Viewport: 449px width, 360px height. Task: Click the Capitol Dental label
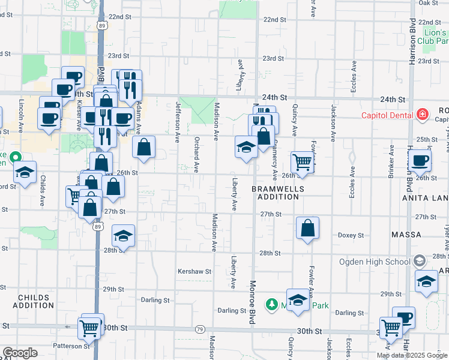[x=385, y=115]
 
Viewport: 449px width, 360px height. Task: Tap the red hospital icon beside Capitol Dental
[x=423, y=114]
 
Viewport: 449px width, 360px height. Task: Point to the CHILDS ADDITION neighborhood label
[x=37, y=301]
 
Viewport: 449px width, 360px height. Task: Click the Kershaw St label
[x=194, y=271]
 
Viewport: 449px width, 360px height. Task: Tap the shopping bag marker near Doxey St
[x=307, y=228]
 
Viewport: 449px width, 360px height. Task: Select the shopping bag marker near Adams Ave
[x=144, y=147]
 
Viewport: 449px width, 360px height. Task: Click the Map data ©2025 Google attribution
[x=412, y=355]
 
